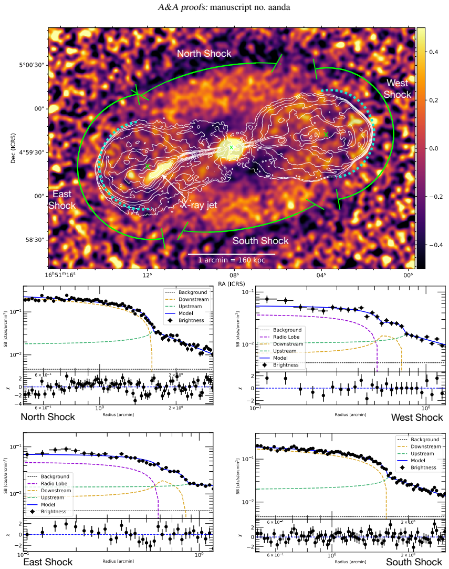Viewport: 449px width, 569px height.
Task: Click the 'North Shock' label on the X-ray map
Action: (204, 54)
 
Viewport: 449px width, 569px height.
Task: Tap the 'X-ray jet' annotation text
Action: (199, 205)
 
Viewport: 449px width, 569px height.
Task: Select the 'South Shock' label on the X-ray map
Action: (260, 241)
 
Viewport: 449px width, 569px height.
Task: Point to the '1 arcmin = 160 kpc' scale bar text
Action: (232, 260)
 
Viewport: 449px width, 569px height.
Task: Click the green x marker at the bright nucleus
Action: (232, 147)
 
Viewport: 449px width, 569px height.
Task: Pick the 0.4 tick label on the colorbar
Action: (433, 52)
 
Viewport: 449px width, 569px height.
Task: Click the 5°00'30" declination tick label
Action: (32, 65)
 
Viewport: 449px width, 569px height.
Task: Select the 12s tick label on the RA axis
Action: (147, 275)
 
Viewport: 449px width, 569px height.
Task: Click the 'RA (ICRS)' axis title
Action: (232, 284)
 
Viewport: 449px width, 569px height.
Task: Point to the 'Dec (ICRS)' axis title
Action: (14, 148)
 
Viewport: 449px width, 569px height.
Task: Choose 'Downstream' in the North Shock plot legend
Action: (193, 299)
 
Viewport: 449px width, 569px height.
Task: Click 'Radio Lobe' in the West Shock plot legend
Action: (286, 337)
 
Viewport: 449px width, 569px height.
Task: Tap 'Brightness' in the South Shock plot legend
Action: (423, 468)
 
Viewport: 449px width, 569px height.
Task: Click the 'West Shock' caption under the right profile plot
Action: (417, 418)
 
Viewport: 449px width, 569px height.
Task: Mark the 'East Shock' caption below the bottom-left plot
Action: (48, 562)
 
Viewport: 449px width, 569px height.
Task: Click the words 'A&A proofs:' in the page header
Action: (183, 7)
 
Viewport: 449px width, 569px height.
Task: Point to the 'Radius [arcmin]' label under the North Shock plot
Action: (118, 414)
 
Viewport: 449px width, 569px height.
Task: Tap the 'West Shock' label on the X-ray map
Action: (398, 89)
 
